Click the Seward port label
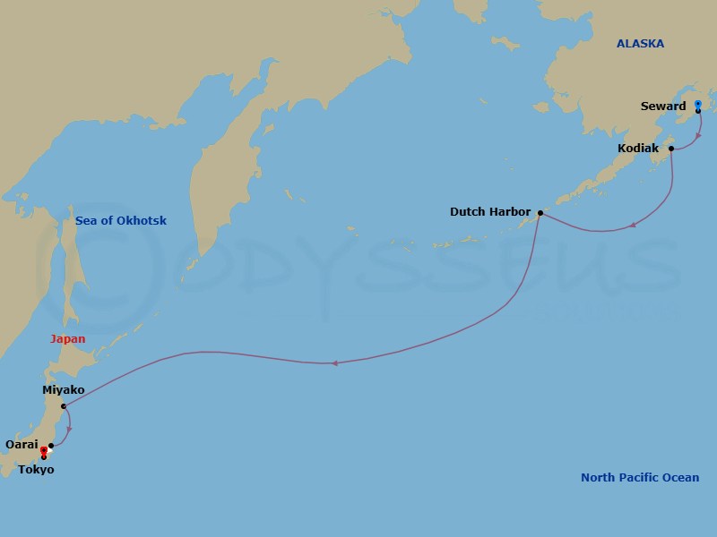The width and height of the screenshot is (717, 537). [x=663, y=107]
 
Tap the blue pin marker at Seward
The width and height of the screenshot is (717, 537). [x=697, y=106]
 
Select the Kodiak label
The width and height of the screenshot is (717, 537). [x=638, y=149]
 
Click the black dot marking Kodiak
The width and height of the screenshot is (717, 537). [x=671, y=149]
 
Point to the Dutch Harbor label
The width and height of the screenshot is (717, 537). [x=490, y=212]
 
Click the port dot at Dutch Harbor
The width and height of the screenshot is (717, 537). [x=540, y=213]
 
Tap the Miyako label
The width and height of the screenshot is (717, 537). [x=63, y=390]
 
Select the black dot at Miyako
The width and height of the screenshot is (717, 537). [x=64, y=406]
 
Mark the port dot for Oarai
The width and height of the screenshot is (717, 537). [x=51, y=445]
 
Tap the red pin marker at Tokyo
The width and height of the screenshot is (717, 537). [x=43, y=452]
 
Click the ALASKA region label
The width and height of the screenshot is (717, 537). [x=640, y=43]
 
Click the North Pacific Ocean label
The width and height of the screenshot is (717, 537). [x=639, y=477]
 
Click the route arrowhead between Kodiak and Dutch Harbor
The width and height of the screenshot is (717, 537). [x=634, y=225]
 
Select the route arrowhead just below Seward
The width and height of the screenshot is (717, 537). [x=699, y=138]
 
